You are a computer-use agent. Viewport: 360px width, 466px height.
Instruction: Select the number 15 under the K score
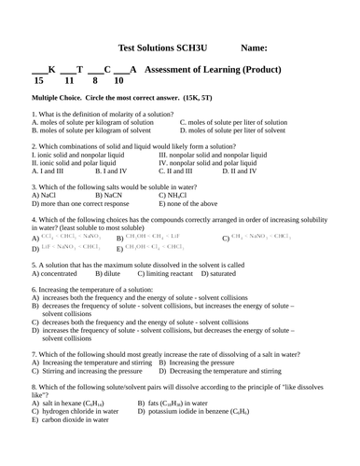point(37,81)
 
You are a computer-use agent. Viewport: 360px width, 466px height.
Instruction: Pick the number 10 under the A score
point(118,81)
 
